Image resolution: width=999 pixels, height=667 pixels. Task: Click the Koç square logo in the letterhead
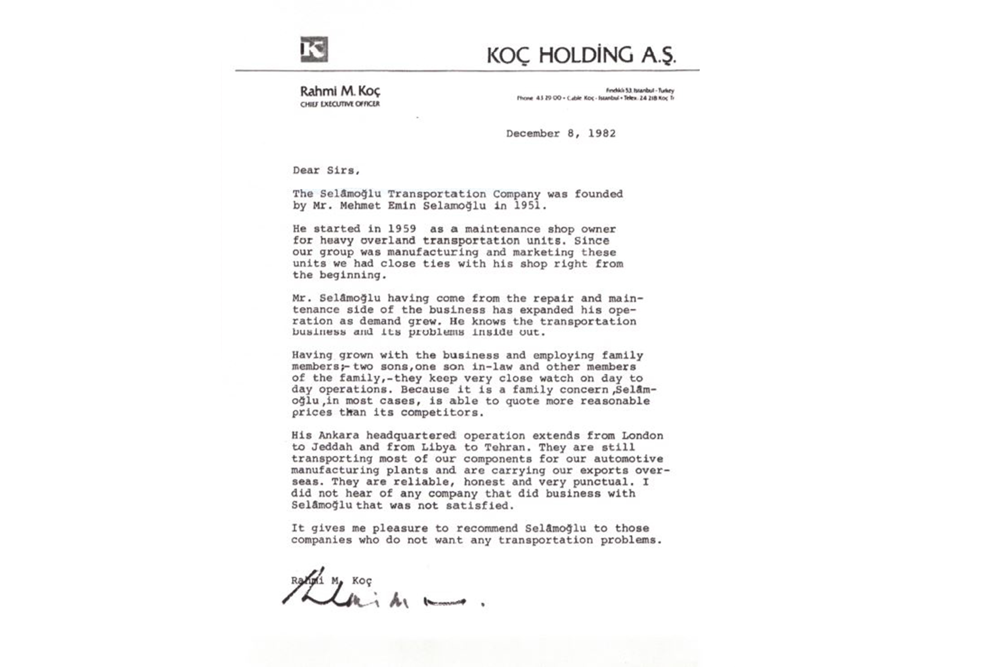(x=314, y=49)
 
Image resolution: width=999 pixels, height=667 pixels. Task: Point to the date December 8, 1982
(x=561, y=134)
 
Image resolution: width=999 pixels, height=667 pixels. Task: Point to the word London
(x=642, y=436)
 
